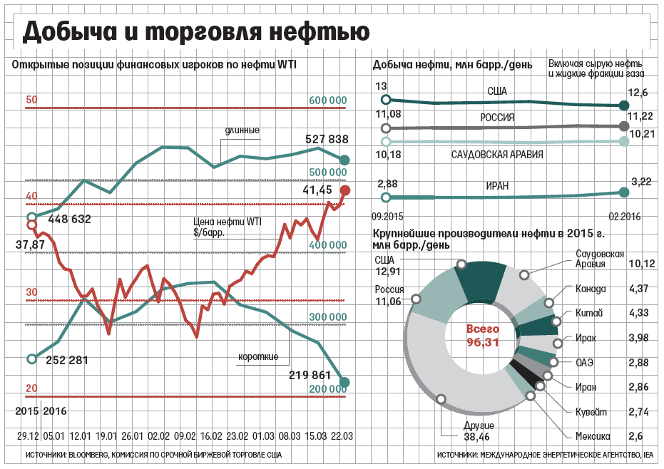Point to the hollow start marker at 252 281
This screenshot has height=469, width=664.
(31, 359)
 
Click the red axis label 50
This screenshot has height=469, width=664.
(31, 100)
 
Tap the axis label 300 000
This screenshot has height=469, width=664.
(328, 316)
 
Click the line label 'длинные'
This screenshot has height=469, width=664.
(242, 130)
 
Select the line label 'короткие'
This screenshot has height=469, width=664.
(258, 356)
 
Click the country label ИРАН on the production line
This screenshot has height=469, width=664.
(499, 186)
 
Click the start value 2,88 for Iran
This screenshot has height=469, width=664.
(387, 183)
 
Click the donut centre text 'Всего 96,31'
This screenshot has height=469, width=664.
(483, 336)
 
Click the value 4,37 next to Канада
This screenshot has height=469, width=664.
(638, 289)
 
